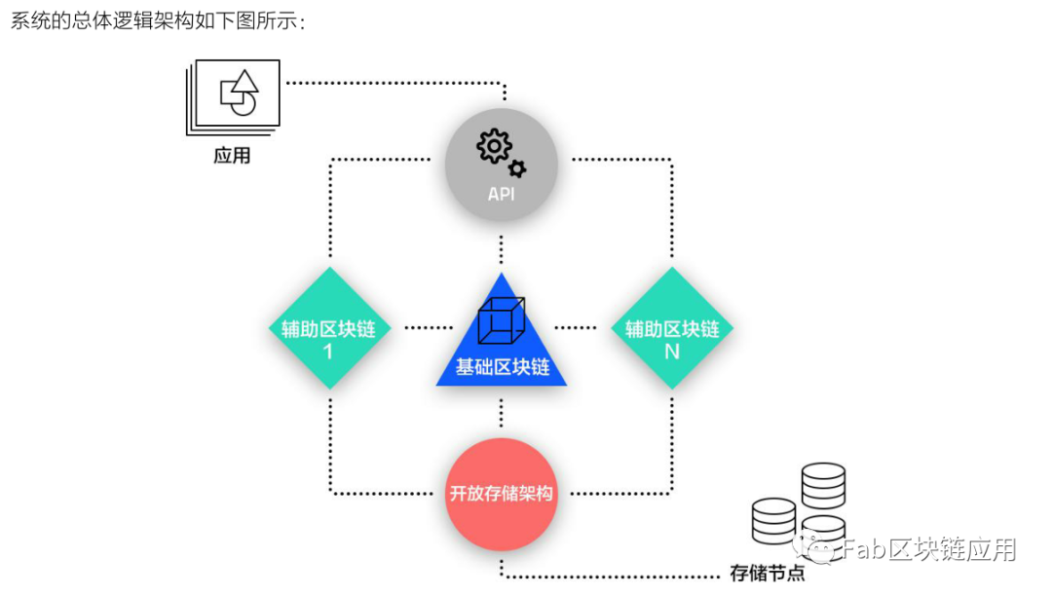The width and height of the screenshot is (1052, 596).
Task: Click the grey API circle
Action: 501,165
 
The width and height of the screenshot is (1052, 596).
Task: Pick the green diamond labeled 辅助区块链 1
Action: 328,328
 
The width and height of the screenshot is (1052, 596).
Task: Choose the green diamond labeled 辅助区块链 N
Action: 671,328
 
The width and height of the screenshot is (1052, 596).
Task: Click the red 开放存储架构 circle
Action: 501,494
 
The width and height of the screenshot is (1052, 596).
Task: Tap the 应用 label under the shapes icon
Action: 232,155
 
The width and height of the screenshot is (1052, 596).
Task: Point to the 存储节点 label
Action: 768,573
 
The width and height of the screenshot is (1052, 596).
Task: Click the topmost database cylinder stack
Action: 823,485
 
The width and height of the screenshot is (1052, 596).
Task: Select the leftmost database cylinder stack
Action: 774,521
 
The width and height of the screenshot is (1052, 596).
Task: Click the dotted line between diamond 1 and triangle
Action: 428,328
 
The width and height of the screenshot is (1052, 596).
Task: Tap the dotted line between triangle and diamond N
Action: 575,328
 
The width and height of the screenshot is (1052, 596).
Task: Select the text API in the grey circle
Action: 501,194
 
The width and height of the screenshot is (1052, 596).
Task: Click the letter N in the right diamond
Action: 671,352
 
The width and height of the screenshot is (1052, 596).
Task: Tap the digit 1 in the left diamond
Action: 328,352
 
